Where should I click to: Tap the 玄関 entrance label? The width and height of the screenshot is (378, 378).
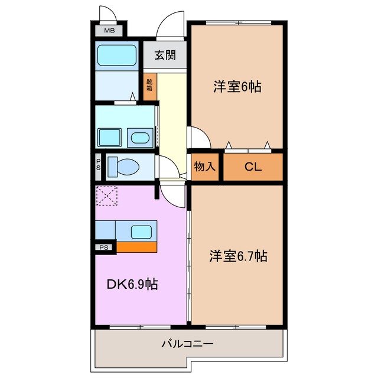pos(165,56)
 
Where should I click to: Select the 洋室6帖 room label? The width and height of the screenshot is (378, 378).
pos(237,87)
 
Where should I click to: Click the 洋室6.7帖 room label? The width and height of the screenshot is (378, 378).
pos(237,256)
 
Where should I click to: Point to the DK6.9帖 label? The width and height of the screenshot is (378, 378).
pos(132,285)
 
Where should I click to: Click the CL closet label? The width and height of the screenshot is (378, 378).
pos(253,167)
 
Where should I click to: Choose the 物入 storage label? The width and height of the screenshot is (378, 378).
pos(204,167)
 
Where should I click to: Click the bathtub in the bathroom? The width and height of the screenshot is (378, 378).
pos(116,56)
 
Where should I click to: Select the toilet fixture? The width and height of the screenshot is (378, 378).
pos(125,167)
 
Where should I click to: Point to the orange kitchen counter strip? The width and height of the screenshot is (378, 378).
pos(136,246)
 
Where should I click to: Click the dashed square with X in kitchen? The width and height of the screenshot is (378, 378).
pos(107,196)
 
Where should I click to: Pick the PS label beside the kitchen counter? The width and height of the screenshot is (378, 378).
pos(104,247)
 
